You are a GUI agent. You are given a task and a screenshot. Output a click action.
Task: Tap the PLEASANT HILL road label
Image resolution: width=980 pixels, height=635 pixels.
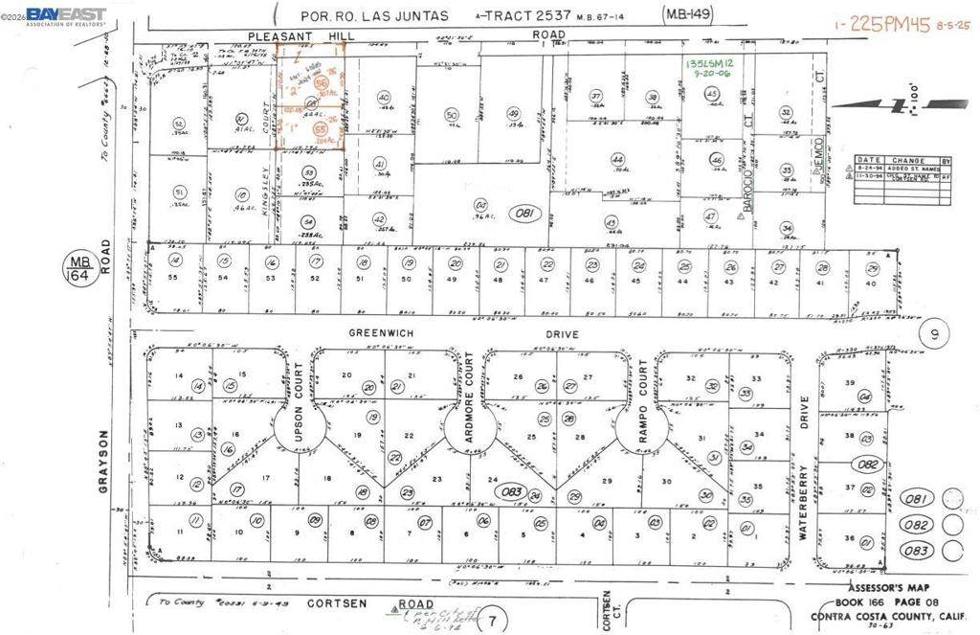284,35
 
